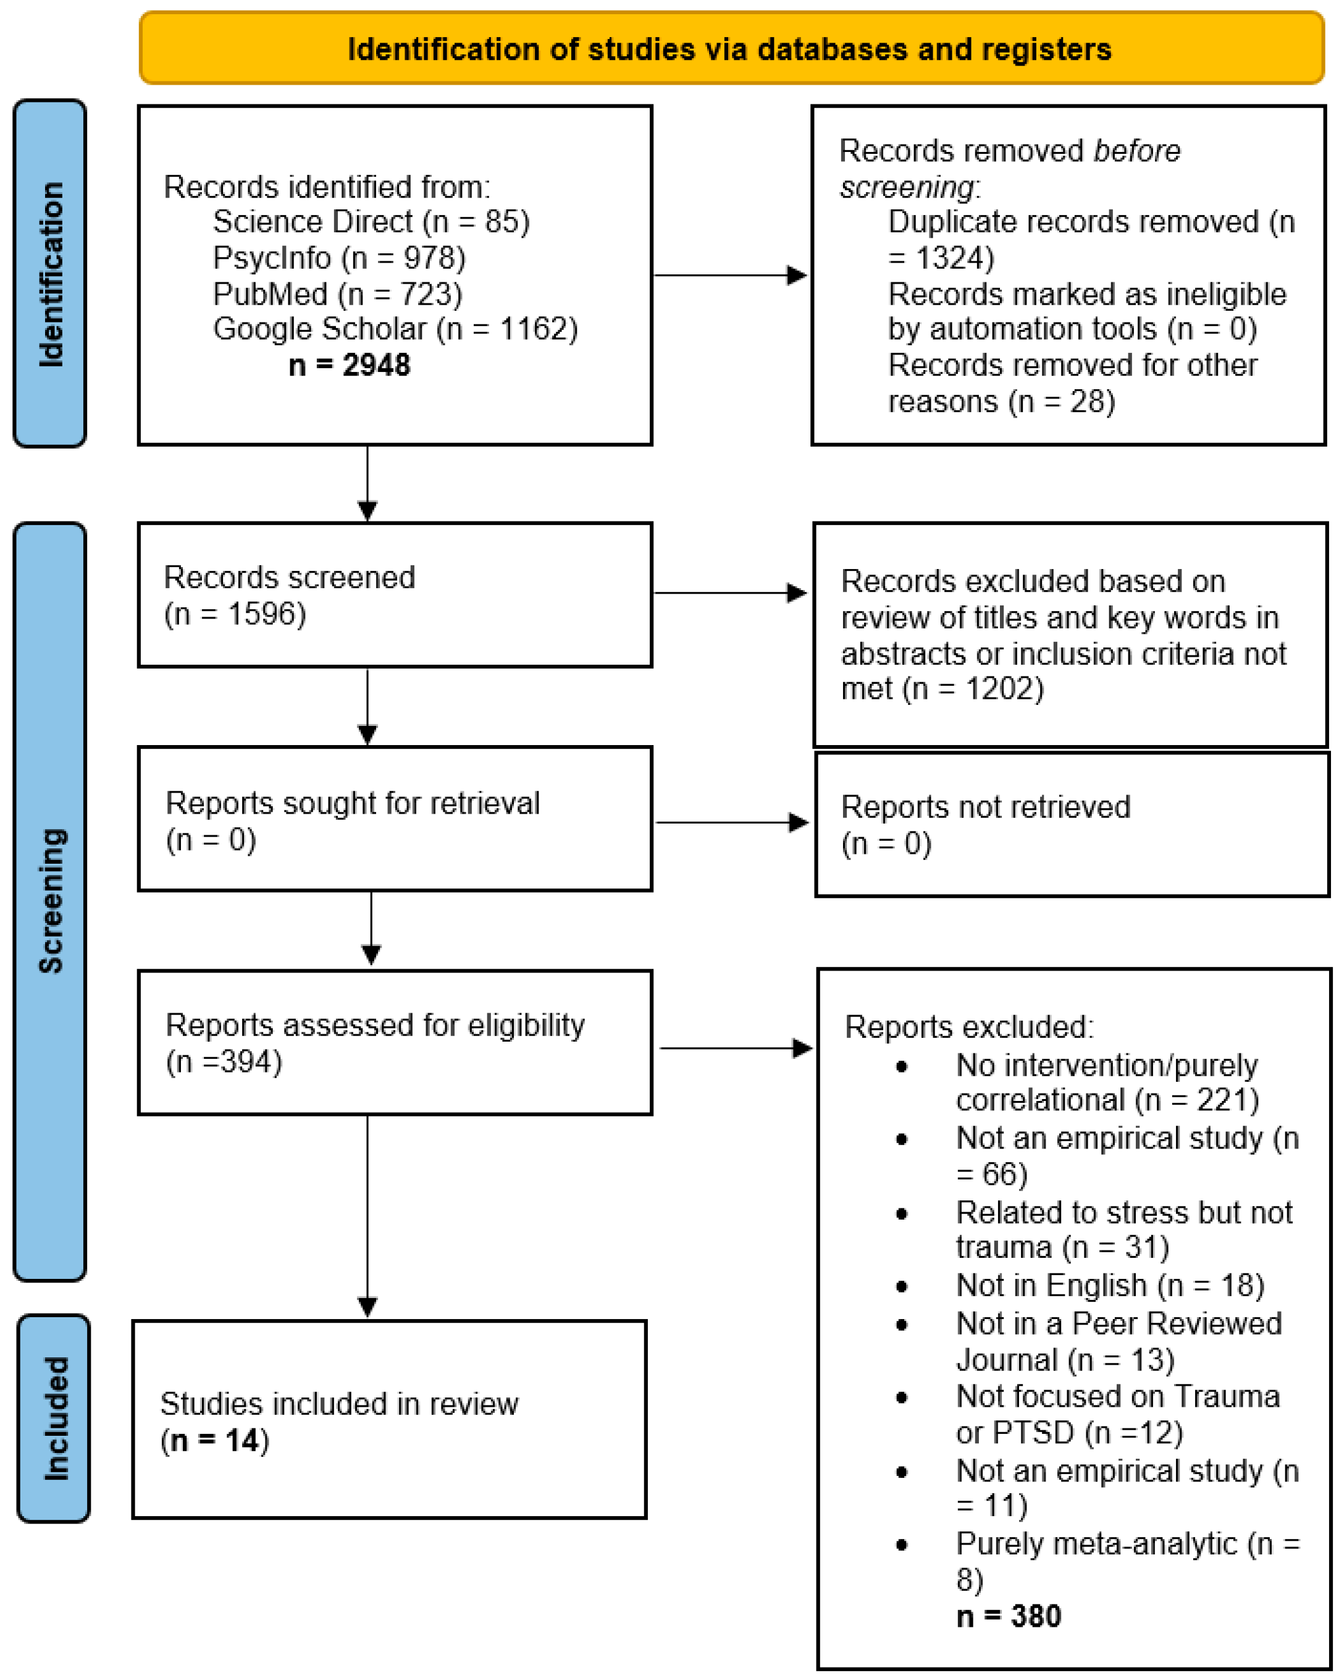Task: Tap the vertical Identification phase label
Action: (x=51, y=274)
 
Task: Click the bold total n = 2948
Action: (x=350, y=365)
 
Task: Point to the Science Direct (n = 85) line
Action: (x=371, y=222)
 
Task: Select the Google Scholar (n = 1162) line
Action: (x=395, y=329)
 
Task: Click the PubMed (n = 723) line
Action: (x=338, y=294)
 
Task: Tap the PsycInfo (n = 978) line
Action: (x=339, y=258)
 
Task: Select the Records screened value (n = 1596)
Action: (x=235, y=614)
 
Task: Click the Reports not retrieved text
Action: (x=985, y=807)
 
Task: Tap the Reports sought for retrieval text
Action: (x=353, y=803)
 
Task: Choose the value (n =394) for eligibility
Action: (x=224, y=1061)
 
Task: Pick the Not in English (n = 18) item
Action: (x=1109, y=1285)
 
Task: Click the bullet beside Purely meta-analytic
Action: (x=902, y=1546)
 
